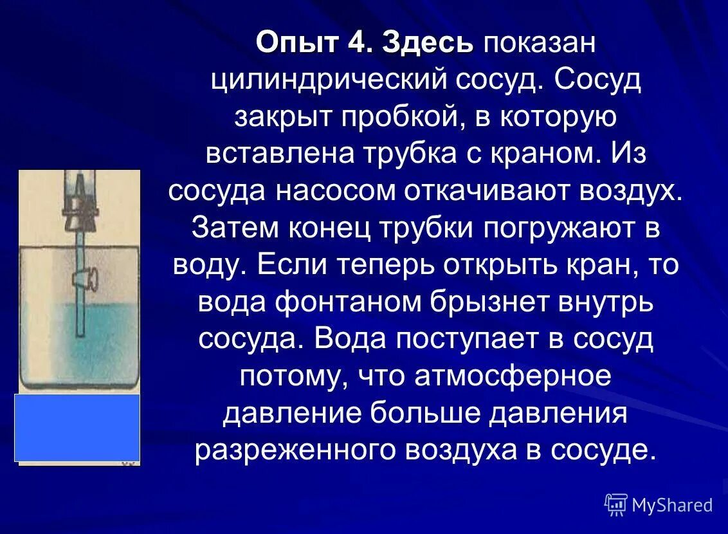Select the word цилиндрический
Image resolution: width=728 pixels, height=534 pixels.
pyautogui.click(x=329, y=81)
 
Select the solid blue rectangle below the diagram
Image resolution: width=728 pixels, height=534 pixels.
pyautogui.click(x=77, y=427)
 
